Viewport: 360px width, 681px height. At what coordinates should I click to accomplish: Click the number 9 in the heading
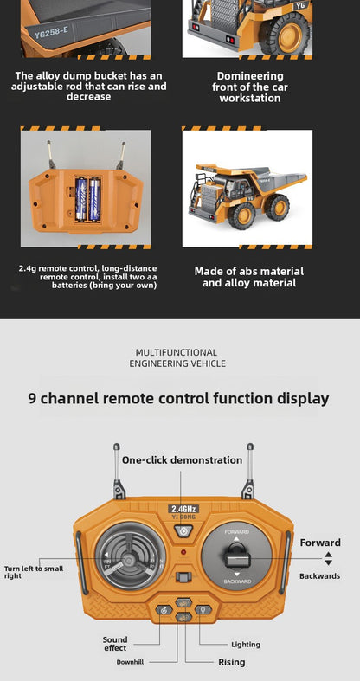(32, 399)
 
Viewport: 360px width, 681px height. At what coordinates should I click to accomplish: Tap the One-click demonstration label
(182, 459)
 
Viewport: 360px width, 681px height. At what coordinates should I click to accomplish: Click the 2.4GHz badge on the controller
(183, 509)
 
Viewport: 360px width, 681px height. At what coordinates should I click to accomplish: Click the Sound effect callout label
(115, 644)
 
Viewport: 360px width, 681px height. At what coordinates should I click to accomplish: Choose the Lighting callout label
(245, 644)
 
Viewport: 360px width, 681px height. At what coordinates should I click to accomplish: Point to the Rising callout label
(231, 662)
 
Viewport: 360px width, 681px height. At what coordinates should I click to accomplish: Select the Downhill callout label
(131, 662)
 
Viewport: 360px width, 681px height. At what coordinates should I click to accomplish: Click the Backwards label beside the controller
(319, 575)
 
